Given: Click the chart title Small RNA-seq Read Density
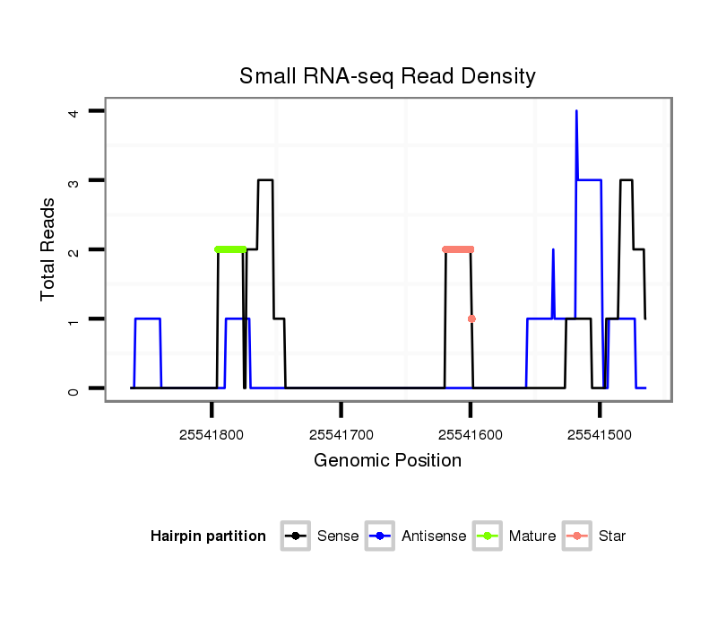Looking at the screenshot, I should [387, 76].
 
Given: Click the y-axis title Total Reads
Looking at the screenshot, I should [48, 248].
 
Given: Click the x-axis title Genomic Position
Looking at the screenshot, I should [387, 461].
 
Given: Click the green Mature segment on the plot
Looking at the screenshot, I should [230, 249].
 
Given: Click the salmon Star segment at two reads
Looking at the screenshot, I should [458, 249].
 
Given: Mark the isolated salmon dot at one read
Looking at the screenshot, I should [471, 318].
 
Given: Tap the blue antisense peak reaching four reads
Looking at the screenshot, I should [576, 112].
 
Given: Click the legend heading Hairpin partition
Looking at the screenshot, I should [208, 536].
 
